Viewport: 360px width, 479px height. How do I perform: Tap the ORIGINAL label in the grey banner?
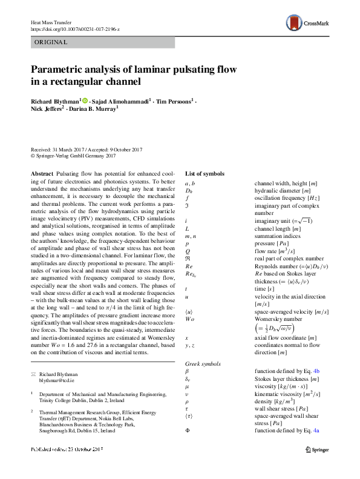click(51, 42)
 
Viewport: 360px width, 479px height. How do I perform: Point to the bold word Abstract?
click(41, 174)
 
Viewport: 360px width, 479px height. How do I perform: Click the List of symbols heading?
click(205, 174)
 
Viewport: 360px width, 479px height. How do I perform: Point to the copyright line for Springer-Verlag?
click(73, 156)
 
